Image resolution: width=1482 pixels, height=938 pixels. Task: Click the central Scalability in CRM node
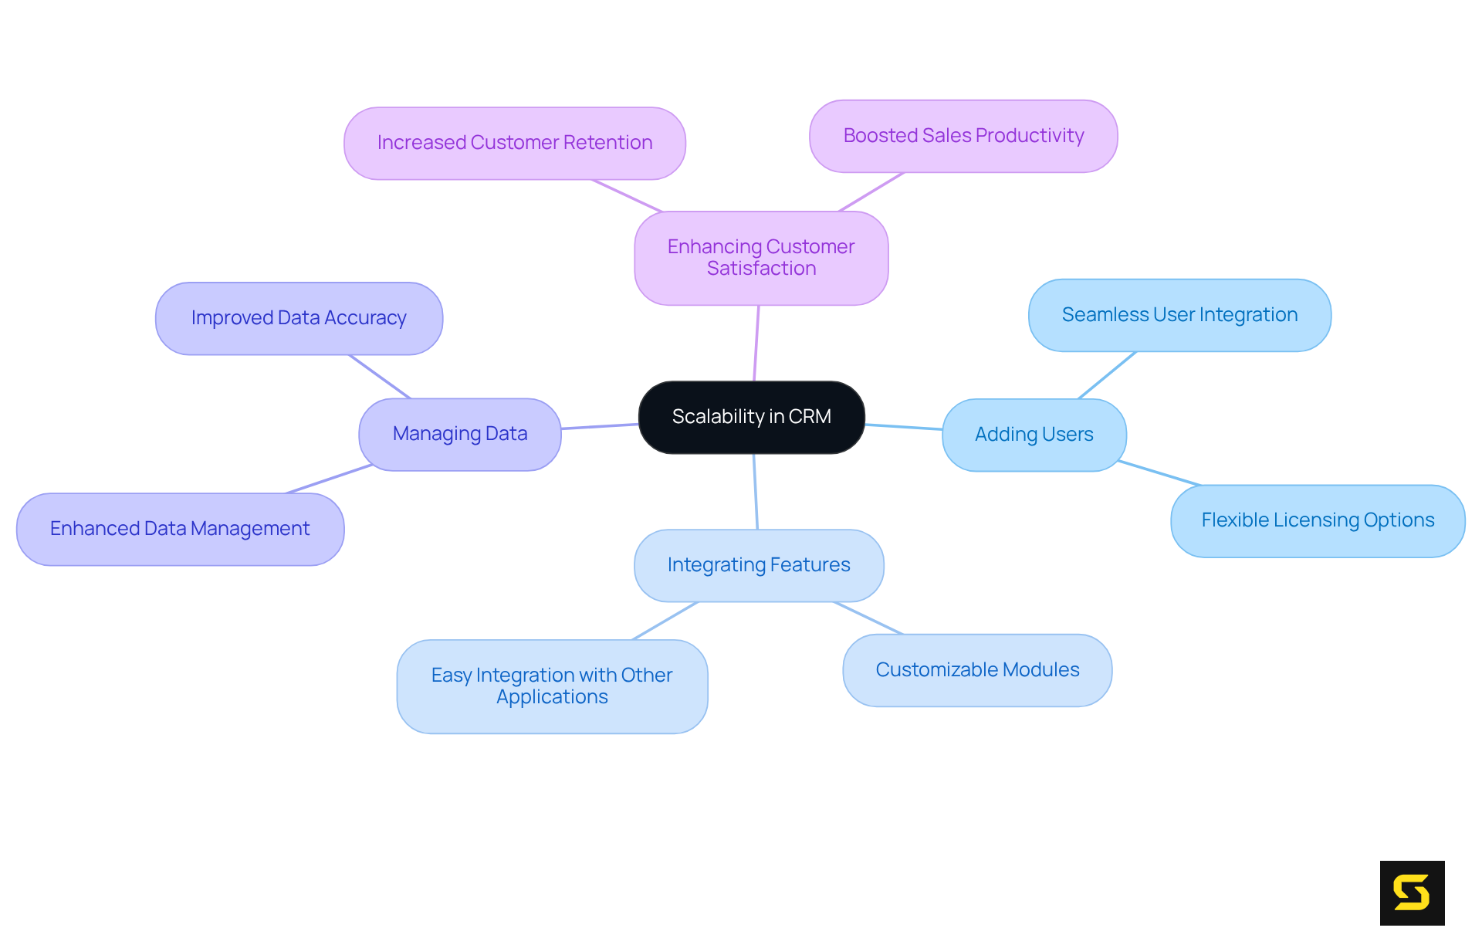click(x=751, y=417)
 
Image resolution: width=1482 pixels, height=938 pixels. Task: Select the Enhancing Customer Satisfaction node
click(x=761, y=258)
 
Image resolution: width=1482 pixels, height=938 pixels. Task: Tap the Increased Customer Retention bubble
click(x=514, y=144)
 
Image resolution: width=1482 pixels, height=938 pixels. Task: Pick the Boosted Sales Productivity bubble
click(x=963, y=136)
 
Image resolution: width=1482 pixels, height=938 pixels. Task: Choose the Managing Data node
click(x=460, y=434)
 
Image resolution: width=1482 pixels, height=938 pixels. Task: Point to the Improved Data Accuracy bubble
click(x=299, y=318)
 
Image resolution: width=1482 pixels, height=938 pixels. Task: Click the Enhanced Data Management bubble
click(x=180, y=529)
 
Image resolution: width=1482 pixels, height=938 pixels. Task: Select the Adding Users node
click(x=1034, y=435)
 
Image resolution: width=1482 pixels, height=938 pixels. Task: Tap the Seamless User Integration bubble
click(x=1179, y=315)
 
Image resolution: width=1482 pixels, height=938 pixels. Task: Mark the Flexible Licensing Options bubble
click(x=1318, y=520)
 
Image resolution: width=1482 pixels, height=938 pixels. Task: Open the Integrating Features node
click(x=759, y=565)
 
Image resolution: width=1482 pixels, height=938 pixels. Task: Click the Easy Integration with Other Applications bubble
click(x=552, y=686)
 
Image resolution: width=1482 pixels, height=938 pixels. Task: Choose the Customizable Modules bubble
click(x=977, y=670)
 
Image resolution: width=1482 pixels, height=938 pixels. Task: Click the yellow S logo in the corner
click(x=1412, y=892)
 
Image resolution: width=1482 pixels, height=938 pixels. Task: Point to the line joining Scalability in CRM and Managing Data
click(x=600, y=426)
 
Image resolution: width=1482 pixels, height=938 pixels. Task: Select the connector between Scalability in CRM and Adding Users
click(x=903, y=426)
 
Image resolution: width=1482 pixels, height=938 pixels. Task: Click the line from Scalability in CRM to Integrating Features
click(x=756, y=492)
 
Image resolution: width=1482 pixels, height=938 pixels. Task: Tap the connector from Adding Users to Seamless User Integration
click(x=1107, y=375)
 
